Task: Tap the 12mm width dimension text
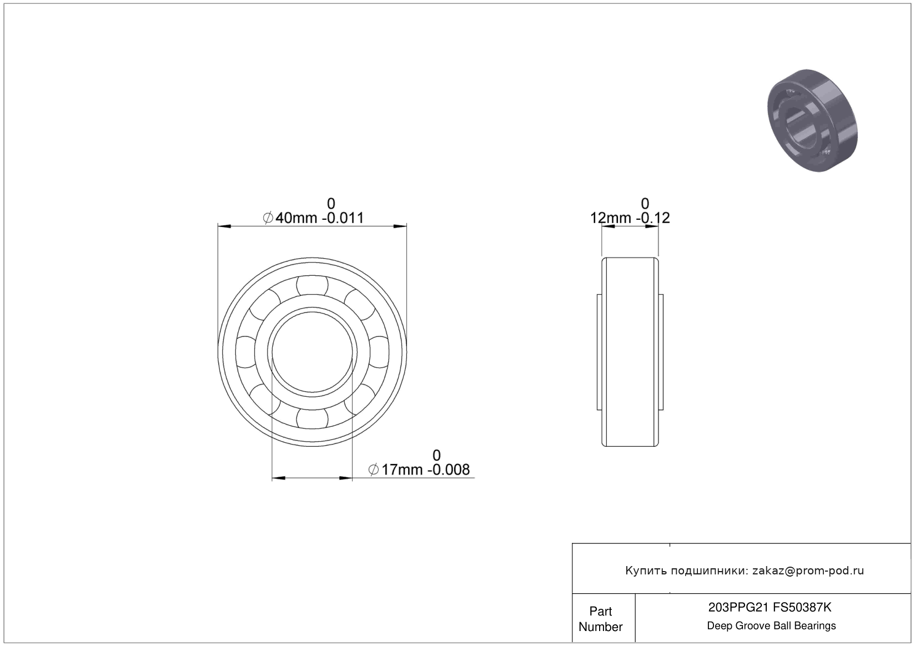pos(611,218)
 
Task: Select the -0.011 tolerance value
pos(343,218)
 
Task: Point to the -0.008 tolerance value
pos(449,470)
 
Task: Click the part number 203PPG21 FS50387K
pos(770,608)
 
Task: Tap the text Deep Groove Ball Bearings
pos(771,625)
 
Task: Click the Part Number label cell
pos(601,619)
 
